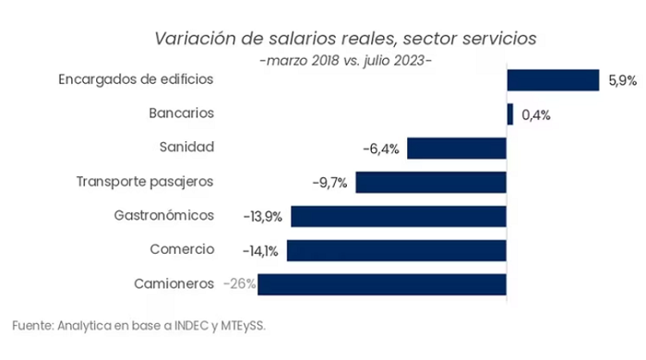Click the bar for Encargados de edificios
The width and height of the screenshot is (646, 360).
coord(553,80)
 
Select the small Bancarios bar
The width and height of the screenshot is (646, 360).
coord(510,114)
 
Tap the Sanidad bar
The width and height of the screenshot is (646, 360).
coord(457,149)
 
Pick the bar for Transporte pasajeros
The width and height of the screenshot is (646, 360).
coord(431,182)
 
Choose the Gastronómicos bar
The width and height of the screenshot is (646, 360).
coord(399,216)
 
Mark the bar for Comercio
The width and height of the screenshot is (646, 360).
coord(397,250)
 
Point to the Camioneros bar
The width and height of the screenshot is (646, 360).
coord(382,284)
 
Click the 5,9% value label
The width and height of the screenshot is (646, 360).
coord(623,80)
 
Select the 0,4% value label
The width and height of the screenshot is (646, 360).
coord(536,114)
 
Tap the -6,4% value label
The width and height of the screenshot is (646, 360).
coord(381,149)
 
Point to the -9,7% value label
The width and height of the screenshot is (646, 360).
coord(329,183)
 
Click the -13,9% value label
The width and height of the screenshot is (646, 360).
coord(263,217)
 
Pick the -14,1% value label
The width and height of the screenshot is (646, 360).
coord(260,251)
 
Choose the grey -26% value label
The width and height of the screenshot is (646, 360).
coord(239,283)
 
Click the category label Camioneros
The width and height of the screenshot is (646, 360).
coord(173,283)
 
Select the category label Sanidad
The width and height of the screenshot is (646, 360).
coord(186,147)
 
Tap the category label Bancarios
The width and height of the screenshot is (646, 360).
coord(181,113)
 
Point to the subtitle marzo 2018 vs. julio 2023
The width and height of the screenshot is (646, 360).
coord(346,61)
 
